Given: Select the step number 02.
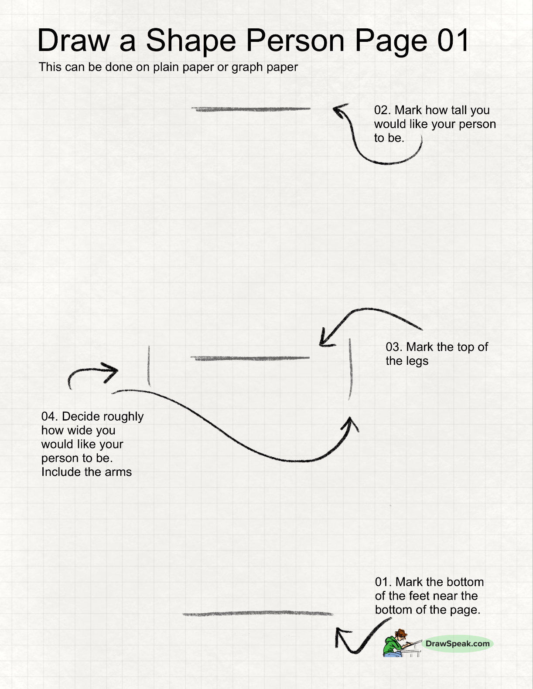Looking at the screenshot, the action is (382, 110).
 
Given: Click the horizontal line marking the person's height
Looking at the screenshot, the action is (251, 109).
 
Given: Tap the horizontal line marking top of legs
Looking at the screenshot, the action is (250, 358).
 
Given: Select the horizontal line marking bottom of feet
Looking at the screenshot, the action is (257, 614).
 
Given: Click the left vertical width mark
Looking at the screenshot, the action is (149, 366).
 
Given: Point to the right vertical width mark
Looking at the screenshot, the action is (350, 369).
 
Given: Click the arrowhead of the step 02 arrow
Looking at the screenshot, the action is (339, 109).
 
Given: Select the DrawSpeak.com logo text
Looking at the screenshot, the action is (457, 644).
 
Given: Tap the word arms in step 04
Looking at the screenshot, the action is (118, 472).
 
